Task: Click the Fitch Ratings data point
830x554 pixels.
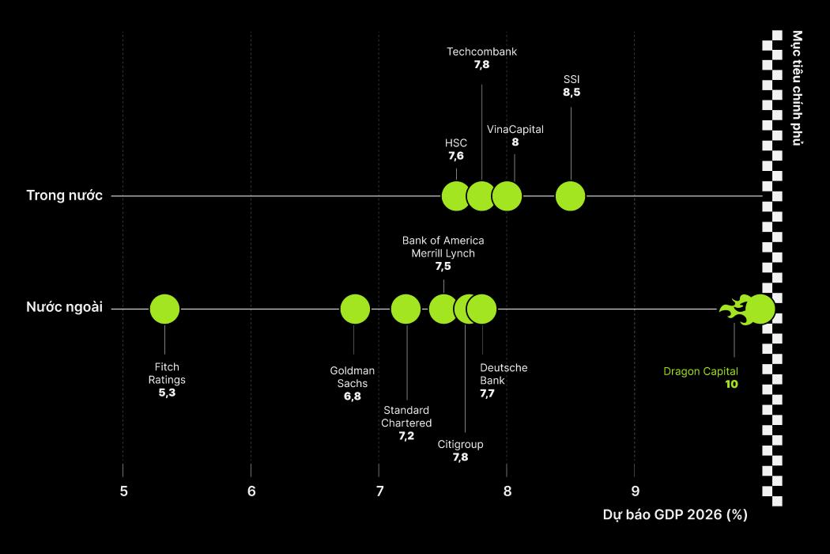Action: click(x=164, y=309)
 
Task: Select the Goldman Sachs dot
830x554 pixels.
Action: click(x=355, y=309)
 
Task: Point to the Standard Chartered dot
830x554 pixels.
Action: click(x=406, y=309)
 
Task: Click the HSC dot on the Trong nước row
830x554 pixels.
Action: click(x=455, y=196)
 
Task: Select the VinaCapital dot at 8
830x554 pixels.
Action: click(x=507, y=196)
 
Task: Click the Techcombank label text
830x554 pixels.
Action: click(x=481, y=52)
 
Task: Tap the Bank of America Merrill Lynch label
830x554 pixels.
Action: click(x=443, y=247)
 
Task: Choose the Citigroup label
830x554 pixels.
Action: click(x=460, y=444)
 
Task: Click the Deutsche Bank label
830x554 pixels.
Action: click(x=504, y=374)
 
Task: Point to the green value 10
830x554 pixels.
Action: click(x=731, y=385)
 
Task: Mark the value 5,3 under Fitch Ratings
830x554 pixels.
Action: click(x=167, y=393)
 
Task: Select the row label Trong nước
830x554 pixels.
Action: click(x=65, y=195)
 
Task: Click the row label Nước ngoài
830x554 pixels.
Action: click(x=65, y=308)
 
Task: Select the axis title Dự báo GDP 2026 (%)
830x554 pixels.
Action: click(x=674, y=515)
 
